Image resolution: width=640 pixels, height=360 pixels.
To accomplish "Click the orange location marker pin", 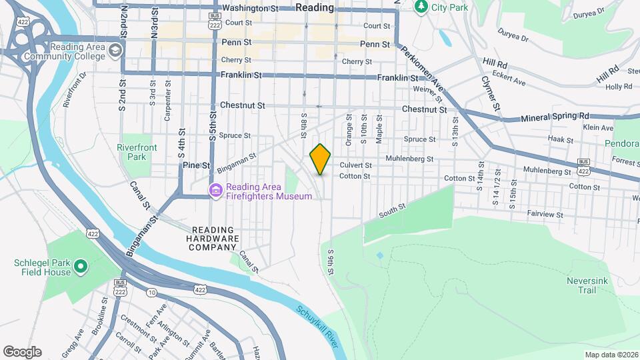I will (x=320, y=159).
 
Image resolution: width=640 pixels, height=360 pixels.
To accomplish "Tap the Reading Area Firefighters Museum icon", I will (x=216, y=191).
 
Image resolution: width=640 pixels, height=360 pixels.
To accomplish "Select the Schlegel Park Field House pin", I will (x=81, y=268).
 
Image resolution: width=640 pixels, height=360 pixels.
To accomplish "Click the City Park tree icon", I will (x=421, y=7).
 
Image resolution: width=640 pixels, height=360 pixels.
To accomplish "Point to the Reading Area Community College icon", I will (x=116, y=50).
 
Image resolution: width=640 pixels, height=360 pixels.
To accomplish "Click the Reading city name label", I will (x=314, y=7).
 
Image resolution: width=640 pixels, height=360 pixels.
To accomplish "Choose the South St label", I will (x=392, y=211).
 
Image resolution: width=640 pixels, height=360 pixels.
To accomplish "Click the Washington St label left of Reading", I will (x=249, y=9).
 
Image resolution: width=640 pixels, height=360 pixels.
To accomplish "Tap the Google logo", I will (x=22, y=351).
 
